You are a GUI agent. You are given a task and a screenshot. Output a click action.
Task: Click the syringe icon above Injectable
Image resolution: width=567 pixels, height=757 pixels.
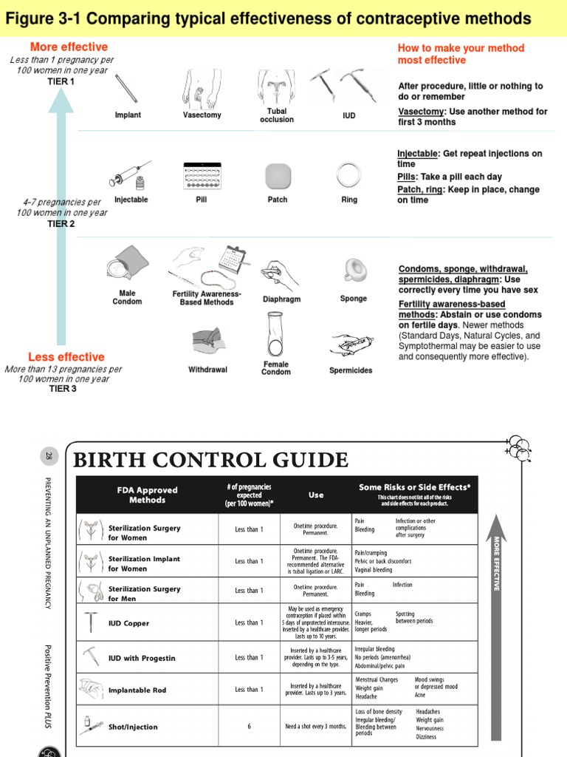pos(129,174)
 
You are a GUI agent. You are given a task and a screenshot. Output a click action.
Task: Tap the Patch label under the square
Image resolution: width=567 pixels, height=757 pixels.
pos(278,200)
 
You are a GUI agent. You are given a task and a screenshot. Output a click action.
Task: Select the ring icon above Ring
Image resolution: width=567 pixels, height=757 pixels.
pos(348,176)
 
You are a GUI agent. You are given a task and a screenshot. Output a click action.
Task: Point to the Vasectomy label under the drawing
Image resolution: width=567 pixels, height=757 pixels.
pos(202,115)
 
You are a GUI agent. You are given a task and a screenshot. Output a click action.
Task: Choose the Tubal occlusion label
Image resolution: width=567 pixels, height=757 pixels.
pos(277,115)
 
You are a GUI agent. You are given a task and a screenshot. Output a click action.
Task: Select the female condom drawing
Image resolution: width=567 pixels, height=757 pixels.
pos(276,334)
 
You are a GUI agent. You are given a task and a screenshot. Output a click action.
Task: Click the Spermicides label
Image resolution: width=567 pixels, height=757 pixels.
pos(351,370)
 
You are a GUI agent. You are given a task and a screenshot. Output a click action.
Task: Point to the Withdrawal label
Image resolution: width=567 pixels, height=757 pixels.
pos(207,370)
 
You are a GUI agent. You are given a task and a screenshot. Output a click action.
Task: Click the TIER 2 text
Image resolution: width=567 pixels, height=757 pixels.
pos(61,224)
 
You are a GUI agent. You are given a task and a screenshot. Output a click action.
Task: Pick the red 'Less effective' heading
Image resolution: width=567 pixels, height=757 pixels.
pos(66,357)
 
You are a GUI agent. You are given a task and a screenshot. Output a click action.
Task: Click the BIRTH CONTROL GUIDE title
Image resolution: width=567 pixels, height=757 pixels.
pos(210,461)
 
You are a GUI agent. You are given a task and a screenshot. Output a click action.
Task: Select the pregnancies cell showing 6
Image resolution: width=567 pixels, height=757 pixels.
pos(249,726)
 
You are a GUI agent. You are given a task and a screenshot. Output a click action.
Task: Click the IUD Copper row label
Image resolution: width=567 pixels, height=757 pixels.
pos(128,623)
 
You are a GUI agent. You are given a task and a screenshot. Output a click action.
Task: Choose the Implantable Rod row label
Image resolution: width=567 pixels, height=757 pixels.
pos(137,690)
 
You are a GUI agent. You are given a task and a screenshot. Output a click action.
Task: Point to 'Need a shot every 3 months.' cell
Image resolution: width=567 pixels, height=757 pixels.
pos(316,726)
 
